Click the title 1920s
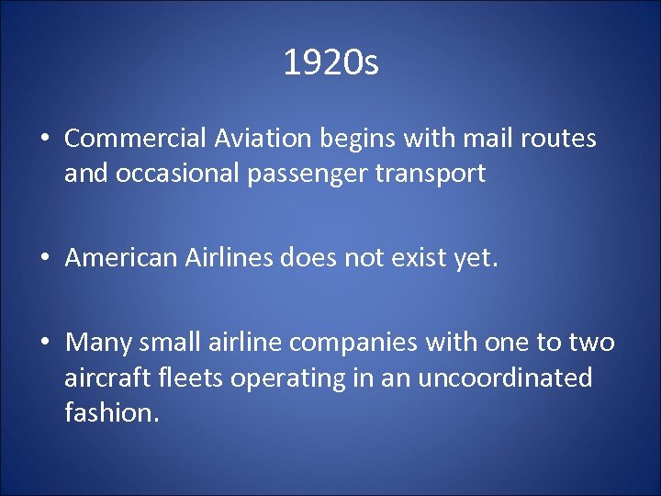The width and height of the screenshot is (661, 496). tap(330, 63)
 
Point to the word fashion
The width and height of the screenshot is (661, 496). tap(112, 412)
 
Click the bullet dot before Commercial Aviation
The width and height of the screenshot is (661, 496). tap(44, 140)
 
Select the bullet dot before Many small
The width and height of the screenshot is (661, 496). tap(44, 344)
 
